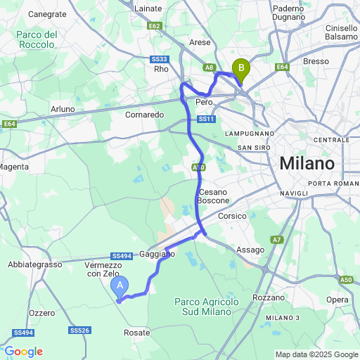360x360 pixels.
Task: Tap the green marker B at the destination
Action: [x=241, y=69]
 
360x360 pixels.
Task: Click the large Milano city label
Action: [x=307, y=164]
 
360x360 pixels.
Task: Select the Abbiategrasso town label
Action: [x=33, y=264]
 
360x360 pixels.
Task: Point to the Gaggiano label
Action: [x=157, y=253]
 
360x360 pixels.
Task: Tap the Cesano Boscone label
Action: [x=214, y=196]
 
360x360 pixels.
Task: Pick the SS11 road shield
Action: [x=206, y=120]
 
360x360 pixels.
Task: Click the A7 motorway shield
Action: [x=277, y=240]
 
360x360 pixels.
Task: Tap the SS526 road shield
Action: [x=80, y=330]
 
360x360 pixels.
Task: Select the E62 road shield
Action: [x=155, y=26]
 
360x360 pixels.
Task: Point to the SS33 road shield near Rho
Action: [x=160, y=60]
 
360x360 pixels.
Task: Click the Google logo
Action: [x=23, y=352]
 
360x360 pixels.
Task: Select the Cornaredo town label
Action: [x=144, y=115]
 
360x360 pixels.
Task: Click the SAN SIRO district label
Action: [x=254, y=147]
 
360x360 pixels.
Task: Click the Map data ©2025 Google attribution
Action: [x=316, y=354]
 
